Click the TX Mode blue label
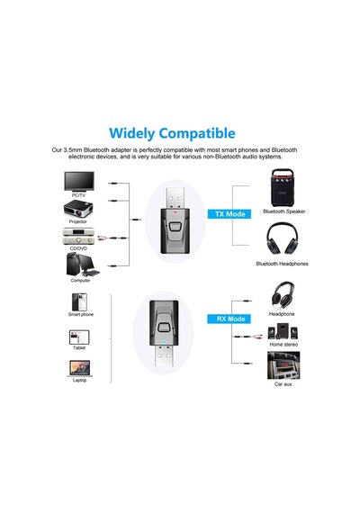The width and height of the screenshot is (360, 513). click(x=229, y=214)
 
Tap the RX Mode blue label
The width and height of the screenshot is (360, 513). click(x=229, y=319)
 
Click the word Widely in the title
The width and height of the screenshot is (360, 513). click(x=131, y=133)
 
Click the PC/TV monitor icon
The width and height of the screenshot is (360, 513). click(x=79, y=182)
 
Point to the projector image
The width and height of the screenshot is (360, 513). click(x=78, y=210)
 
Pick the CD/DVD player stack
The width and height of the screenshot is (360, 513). click(x=78, y=236)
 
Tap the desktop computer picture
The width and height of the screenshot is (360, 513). click(x=83, y=265)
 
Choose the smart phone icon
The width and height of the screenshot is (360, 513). click(x=79, y=302)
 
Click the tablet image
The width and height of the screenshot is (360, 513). click(x=79, y=337)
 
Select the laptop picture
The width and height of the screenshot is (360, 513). click(x=79, y=369)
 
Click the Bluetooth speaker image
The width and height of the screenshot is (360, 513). click(x=282, y=188)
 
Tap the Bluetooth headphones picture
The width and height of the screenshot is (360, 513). click(x=282, y=238)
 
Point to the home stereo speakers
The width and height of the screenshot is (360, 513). click(x=283, y=331)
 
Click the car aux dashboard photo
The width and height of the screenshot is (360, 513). click(x=283, y=365)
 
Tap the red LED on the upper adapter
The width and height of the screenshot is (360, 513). click(x=175, y=211)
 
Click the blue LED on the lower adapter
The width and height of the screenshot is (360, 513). click(x=164, y=343)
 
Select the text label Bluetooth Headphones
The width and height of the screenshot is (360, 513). click(x=282, y=264)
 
